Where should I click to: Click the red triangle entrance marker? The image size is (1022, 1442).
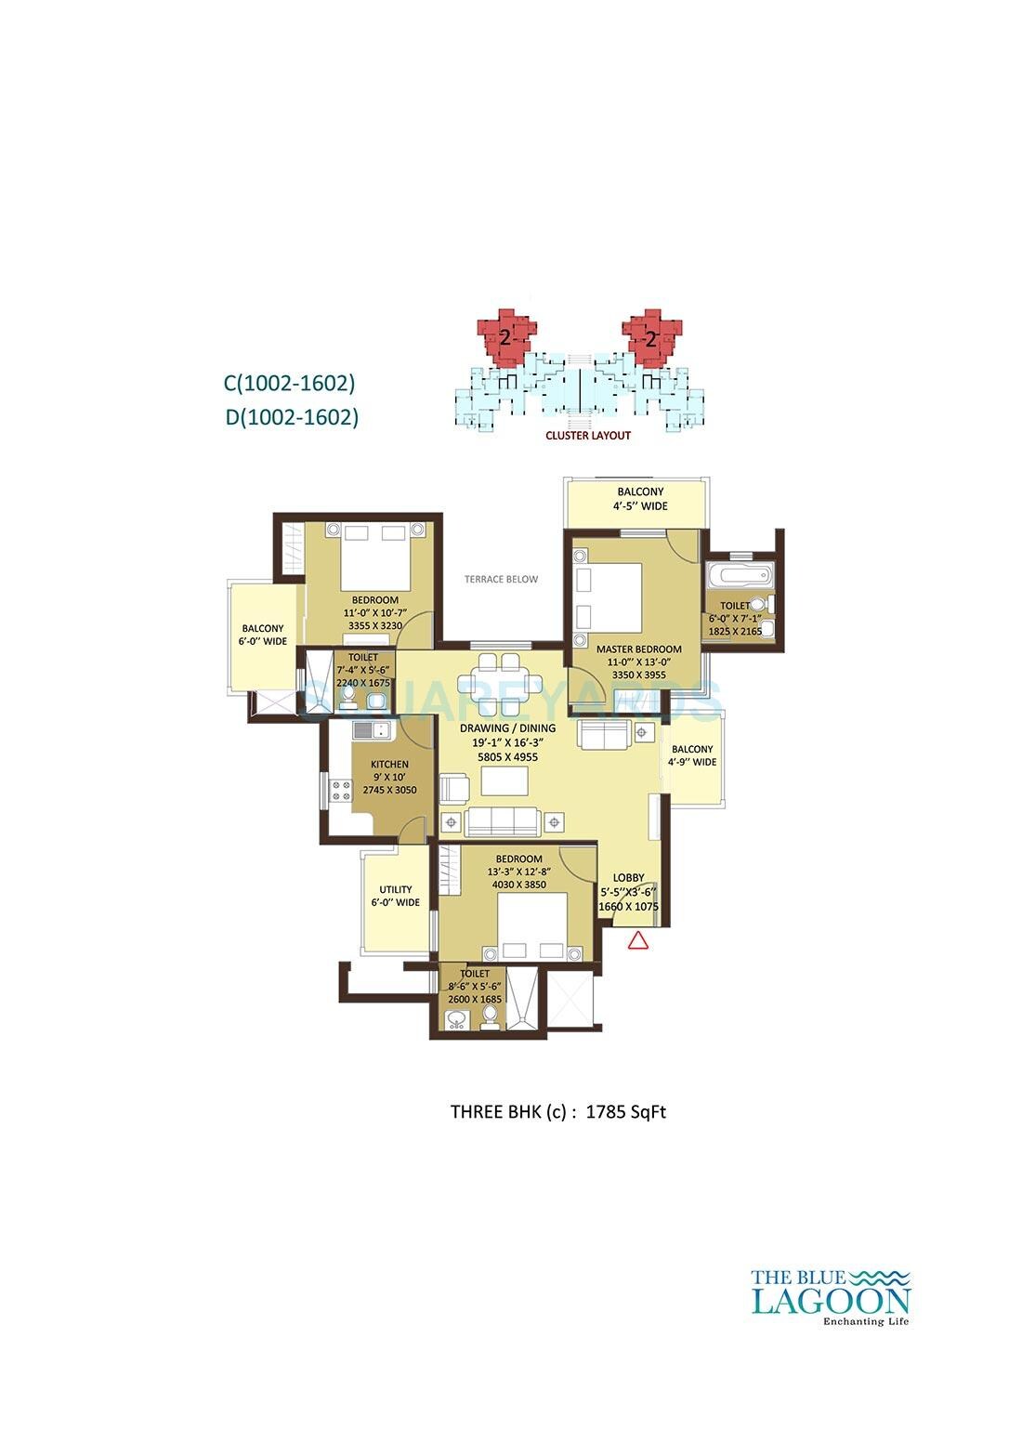point(637,940)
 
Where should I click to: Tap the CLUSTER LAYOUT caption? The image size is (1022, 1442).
point(588,435)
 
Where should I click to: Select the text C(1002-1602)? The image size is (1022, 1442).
point(290,382)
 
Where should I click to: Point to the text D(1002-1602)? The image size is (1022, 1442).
point(292,417)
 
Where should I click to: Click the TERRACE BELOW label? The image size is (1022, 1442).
point(501,579)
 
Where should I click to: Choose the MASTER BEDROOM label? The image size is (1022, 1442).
point(638,649)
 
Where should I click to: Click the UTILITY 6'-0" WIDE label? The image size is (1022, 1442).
point(395,896)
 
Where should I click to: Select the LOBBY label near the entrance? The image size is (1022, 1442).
point(628,877)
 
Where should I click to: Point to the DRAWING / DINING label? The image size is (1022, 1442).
point(507,728)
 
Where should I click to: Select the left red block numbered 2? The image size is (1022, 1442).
point(504,337)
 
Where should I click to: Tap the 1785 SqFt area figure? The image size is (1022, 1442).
point(625,1110)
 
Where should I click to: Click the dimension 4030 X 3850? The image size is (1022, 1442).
point(518,885)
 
